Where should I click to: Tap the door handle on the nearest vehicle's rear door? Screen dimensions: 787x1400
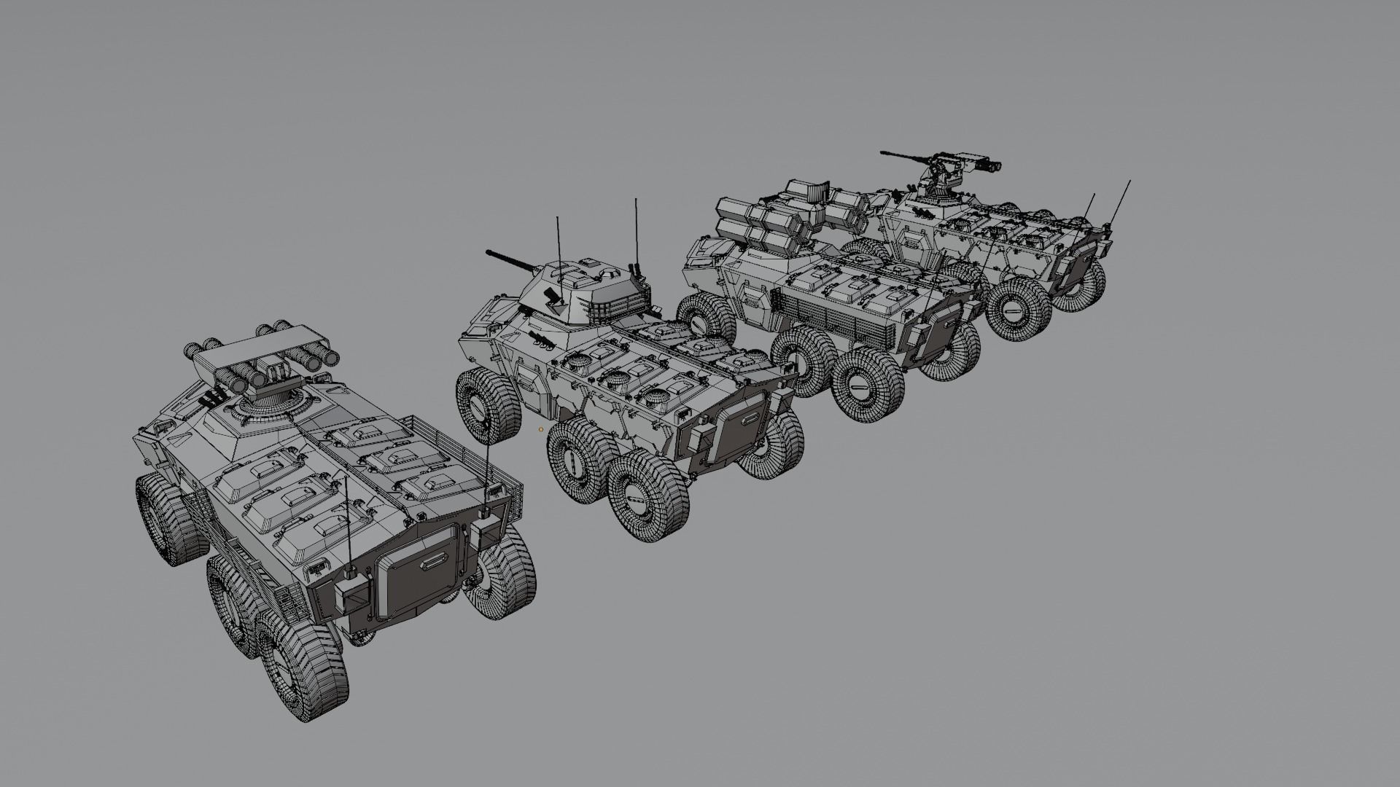(x=432, y=560)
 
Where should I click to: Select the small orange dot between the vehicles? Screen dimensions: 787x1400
(x=540, y=429)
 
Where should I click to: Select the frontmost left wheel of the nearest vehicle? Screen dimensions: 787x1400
(x=168, y=518)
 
